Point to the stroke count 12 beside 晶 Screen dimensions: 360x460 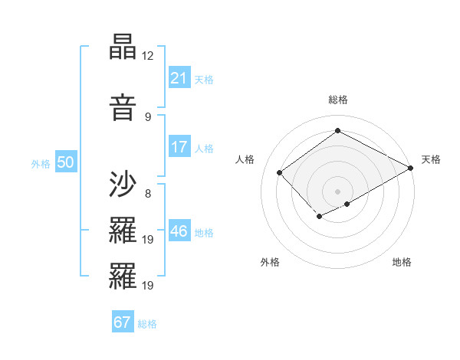[x=148, y=56]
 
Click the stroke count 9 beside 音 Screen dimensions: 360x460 [x=148, y=116]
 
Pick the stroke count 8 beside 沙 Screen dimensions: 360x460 [x=148, y=193]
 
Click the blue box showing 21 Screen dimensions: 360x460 [x=179, y=78]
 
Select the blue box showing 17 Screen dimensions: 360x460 [x=179, y=147]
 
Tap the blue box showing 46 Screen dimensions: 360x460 [x=179, y=231]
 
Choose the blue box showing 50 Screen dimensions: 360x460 [x=65, y=162]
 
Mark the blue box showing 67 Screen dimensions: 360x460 [x=123, y=322]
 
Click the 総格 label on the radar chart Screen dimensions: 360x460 [x=337, y=100]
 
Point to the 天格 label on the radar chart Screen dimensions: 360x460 [x=431, y=159]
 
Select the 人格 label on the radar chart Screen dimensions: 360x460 [x=245, y=159]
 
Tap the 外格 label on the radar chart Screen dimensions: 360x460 [x=270, y=262]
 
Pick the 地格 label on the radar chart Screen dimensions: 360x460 [x=402, y=262]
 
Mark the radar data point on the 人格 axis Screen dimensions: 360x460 [x=280, y=172]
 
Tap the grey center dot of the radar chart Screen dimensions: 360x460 [x=337, y=191]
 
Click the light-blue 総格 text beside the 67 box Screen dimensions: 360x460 [x=147, y=324]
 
